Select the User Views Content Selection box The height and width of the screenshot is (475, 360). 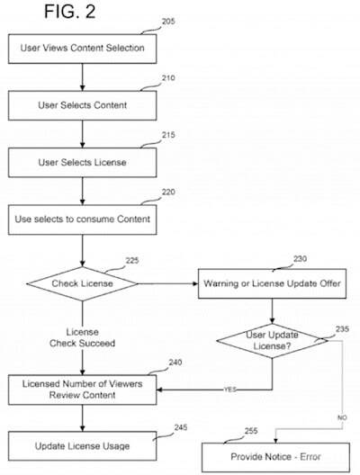coord(82,47)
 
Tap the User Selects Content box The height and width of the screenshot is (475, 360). coord(82,104)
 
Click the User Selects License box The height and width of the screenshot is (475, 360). coord(82,162)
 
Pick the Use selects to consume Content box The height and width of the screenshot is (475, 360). coord(82,219)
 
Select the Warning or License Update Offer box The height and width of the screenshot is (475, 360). coord(271,285)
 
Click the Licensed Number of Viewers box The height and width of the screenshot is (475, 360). coord(82,390)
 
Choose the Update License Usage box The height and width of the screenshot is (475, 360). coord(82,446)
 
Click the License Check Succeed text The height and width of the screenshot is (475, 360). coord(82,337)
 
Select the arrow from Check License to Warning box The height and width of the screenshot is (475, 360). coord(166,285)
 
